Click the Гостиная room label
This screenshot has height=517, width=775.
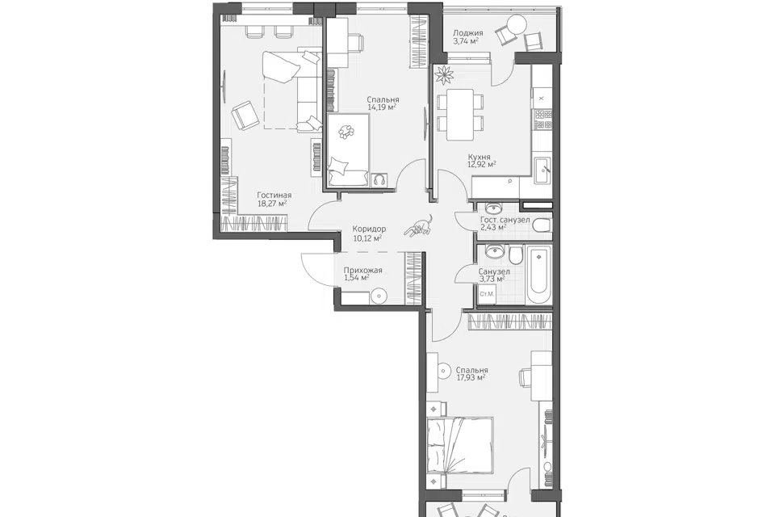point(274,195)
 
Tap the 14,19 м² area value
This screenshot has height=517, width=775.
point(383,107)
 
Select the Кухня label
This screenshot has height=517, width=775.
point(480,158)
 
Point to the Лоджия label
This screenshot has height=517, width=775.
point(468,33)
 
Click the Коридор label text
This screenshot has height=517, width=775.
point(369,229)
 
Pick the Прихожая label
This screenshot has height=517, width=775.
point(362,271)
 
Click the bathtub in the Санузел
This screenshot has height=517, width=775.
point(538,276)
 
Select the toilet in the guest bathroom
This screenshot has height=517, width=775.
point(542,226)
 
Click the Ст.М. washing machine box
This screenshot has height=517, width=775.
point(487,294)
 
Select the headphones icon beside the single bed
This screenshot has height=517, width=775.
point(379,179)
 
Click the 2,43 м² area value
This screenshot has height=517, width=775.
point(493,228)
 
